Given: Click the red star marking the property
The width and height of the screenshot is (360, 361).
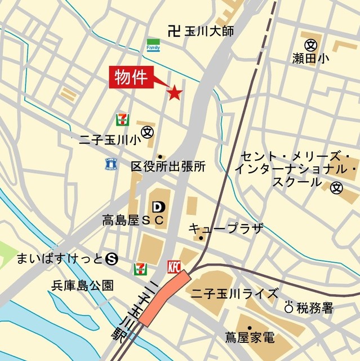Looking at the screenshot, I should [x=174, y=93].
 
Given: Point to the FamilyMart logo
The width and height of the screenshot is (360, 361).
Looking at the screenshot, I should [x=153, y=45].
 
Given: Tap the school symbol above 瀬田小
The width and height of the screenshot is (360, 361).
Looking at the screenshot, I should [x=310, y=44].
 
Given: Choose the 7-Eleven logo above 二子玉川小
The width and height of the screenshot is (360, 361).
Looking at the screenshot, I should [x=121, y=120].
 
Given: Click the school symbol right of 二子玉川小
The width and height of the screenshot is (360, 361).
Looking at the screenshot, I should [x=148, y=131].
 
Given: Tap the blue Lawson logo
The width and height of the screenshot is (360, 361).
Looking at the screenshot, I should [x=110, y=164].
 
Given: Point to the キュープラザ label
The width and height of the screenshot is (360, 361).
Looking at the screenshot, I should [x=225, y=228].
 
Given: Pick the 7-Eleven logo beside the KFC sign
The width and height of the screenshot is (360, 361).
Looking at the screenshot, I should [x=139, y=269].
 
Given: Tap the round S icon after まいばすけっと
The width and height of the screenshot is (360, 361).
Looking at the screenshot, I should [x=112, y=259].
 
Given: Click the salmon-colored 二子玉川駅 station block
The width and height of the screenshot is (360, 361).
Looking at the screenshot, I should [x=164, y=298].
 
